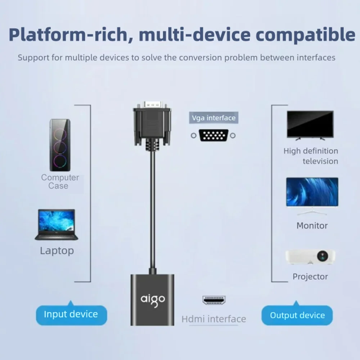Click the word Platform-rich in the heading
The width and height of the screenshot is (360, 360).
pyautogui.click(x=68, y=35)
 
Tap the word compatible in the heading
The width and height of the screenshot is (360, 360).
pyautogui.click(x=305, y=35)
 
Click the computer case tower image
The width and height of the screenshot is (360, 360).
pyautogui.click(x=60, y=145)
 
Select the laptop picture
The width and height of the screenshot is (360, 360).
pyautogui.click(x=57, y=225)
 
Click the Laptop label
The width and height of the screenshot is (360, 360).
pyautogui.click(x=57, y=251)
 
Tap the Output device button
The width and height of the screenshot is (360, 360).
pyautogui.click(x=297, y=315)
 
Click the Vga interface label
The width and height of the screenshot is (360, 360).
pyautogui.click(x=214, y=118)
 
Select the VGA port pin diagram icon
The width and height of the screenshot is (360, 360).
pyautogui.click(x=213, y=135)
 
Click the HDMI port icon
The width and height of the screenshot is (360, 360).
pyautogui.click(x=214, y=300)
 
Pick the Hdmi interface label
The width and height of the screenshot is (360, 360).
pyautogui.click(x=214, y=319)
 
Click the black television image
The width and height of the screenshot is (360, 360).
pyautogui.click(x=310, y=125)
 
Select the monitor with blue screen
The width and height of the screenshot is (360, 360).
pyautogui.click(x=312, y=196)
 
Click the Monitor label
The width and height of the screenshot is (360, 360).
pyautogui.click(x=312, y=226)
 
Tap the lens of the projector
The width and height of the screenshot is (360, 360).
pyautogui.click(x=322, y=256)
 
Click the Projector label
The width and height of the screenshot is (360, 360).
pyautogui.click(x=310, y=276)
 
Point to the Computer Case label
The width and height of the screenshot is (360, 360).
pyautogui.click(x=60, y=181)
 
